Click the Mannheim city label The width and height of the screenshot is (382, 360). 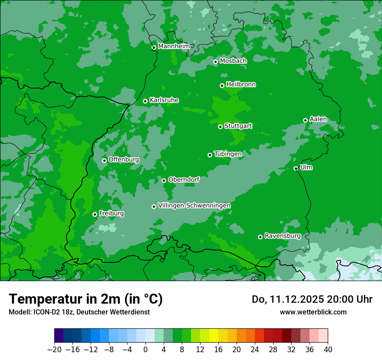(174, 46)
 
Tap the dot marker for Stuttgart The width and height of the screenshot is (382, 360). (221, 127)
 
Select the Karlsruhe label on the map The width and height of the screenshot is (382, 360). (164, 100)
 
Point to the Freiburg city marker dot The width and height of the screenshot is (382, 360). (95, 214)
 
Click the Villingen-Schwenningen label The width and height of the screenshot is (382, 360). (194, 206)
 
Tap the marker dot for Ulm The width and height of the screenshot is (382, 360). (296, 168)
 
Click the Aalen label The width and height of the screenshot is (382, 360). (318, 119)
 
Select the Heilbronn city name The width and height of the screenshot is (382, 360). (241, 85)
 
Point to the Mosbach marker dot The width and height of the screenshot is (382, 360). (215, 62)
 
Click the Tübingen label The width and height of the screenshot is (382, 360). (228, 154)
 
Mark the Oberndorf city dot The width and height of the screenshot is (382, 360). (164, 180)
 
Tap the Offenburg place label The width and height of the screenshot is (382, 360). (124, 160)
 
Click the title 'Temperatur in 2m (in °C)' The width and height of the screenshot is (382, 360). (86, 299)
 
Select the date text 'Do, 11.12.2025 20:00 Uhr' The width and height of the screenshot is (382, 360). (312, 299)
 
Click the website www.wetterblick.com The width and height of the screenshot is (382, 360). (313, 312)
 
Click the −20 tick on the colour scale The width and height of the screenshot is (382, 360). (54, 350)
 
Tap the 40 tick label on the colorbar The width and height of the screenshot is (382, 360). (328, 350)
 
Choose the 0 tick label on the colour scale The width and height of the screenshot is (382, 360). (145, 350)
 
